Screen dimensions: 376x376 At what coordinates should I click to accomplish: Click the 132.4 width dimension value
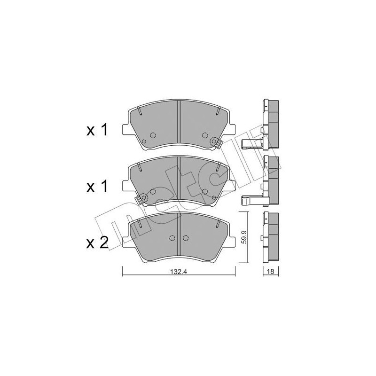[x=178, y=272]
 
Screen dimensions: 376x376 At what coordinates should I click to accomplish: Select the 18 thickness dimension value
[x=270, y=272]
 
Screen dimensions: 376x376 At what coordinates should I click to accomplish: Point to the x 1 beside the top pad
[x=97, y=131]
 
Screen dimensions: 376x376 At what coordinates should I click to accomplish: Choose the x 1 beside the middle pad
[x=97, y=187]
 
